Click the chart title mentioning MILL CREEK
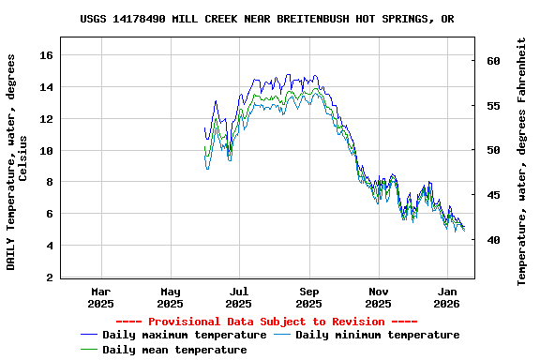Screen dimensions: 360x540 point(267,19)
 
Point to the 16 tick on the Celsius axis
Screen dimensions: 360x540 point(45,55)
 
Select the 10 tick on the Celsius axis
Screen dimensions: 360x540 point(45,151)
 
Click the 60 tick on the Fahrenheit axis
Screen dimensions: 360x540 point(494,61)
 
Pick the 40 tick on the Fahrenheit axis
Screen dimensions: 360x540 point(494,240)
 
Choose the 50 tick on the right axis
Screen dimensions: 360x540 point(494,150)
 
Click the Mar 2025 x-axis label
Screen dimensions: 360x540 point(100,297)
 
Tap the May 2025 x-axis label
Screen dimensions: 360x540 point(170,297)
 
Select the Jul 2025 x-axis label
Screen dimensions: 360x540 point(239,297)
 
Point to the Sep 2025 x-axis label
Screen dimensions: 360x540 point(308,297)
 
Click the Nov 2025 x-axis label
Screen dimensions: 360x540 point(378,297)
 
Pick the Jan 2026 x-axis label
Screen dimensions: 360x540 point(447,297)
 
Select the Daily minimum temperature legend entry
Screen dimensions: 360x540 point(377,335)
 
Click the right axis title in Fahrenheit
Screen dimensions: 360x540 point(522,161)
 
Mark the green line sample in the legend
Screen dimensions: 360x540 point(89,350)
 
